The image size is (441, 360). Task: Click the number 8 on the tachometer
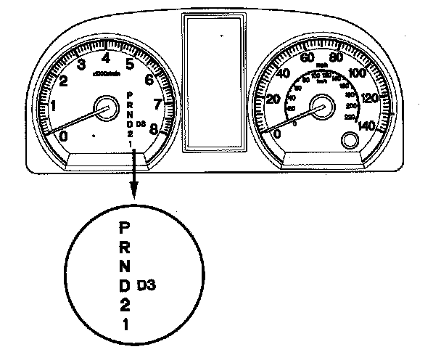tap(154, 130)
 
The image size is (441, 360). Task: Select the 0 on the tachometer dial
tap(63, 135)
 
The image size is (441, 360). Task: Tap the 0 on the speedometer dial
tap(276, 135)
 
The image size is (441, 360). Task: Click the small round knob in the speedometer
tap(350, 141)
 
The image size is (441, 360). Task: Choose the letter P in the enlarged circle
tap(124, 227)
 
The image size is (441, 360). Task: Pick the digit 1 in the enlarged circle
tap(125, 324)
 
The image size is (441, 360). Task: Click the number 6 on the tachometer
tap(149, 80)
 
